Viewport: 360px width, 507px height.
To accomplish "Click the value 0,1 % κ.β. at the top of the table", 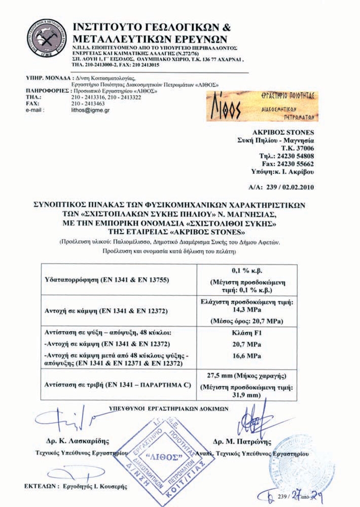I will click(247, 271).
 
